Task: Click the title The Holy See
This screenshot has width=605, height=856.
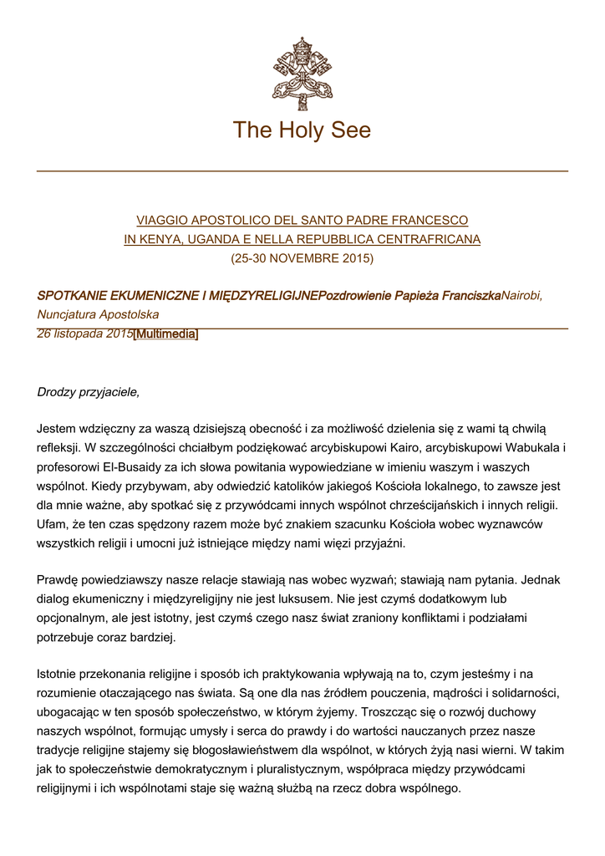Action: tap(302, 130)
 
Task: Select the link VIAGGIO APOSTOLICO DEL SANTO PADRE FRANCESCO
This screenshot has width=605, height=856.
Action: tap(302, 220)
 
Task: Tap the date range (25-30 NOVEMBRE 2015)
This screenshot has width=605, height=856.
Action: tap(302, 258)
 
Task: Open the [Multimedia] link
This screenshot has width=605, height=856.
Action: tap(165, 334)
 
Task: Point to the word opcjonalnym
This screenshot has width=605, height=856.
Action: tap(77, 619)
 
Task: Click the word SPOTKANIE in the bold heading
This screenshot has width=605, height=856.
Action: tap(74, 295)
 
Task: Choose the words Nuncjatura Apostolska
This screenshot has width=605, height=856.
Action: tap(98, 314)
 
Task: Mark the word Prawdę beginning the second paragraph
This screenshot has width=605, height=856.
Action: tap(58, 580)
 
